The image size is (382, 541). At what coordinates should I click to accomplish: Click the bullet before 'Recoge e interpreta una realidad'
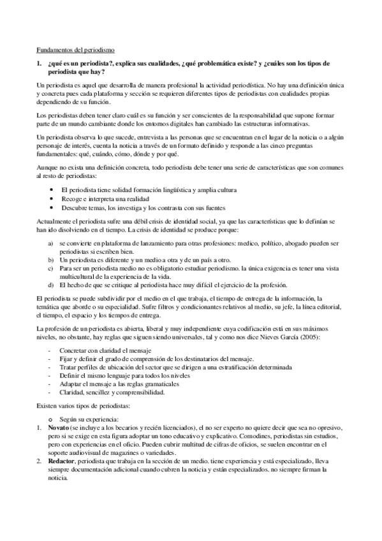coord(51,198)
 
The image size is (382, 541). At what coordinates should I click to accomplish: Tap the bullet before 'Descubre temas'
coord(51,207)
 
